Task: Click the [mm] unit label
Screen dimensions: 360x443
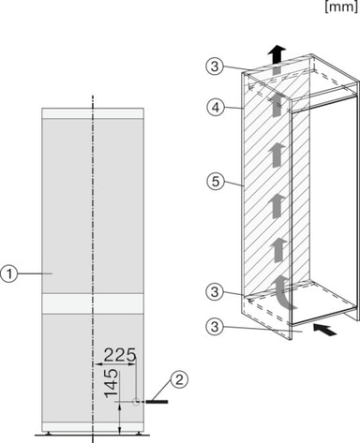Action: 341,7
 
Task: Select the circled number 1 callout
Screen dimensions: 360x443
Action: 9,273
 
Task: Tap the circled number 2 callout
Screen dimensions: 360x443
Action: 179,379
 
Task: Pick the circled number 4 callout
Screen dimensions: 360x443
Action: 216,108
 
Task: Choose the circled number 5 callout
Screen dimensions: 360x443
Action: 216,181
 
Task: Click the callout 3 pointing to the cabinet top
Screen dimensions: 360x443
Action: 215,66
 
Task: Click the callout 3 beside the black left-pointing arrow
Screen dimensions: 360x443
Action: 215,327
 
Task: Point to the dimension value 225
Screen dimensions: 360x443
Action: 120,355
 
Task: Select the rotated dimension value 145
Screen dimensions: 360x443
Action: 112,383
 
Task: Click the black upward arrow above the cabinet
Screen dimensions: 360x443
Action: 277,53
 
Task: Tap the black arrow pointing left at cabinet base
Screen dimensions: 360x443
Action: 324,330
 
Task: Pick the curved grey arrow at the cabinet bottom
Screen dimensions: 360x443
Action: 282,290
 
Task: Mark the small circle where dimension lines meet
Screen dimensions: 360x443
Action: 136,402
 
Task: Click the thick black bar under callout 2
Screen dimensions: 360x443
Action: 157,402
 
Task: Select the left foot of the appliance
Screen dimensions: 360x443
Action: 49,433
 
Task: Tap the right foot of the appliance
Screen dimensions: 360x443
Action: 138,433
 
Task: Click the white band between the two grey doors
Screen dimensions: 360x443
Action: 93,303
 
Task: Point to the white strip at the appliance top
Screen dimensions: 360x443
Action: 93,113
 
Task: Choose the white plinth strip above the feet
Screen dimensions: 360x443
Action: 93,427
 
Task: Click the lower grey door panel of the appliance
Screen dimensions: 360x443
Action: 93,368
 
